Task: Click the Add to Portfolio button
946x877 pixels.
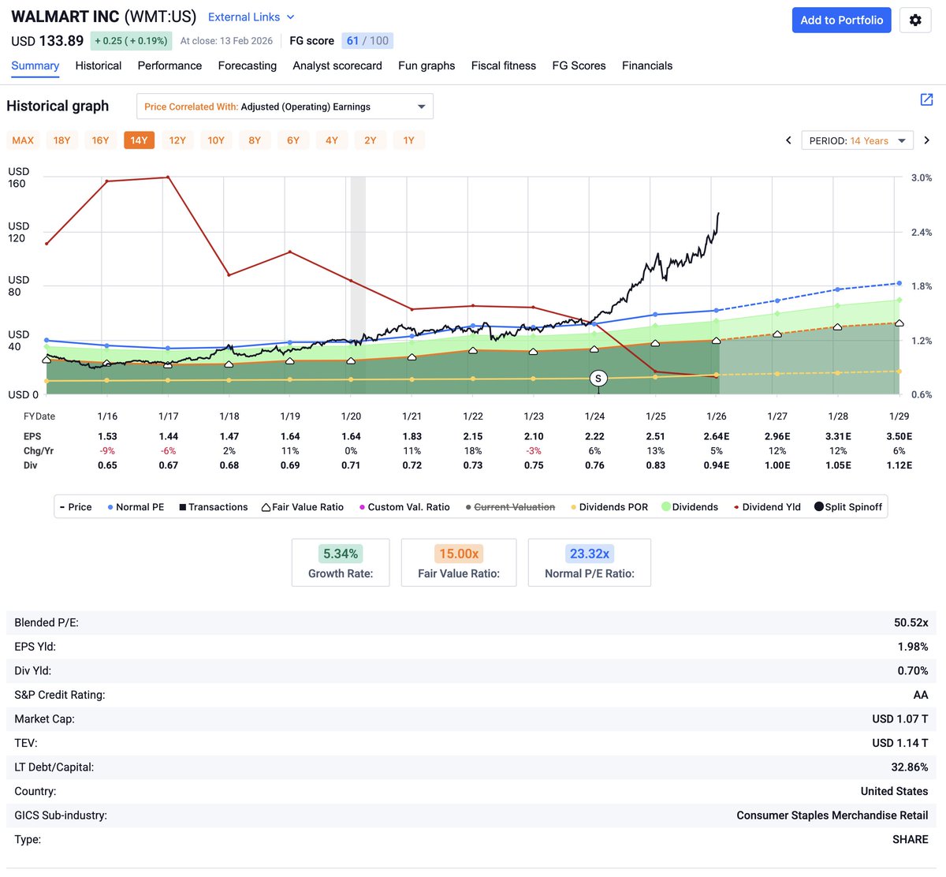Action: [841, 21]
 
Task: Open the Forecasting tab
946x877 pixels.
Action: [247, 65]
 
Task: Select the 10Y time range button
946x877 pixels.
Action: [216, 140]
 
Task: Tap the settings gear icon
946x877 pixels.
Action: [915, 21]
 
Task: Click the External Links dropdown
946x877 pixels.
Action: [251, 17]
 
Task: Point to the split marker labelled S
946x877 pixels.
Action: [598, 379]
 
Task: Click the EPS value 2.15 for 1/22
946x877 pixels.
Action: [473, 436]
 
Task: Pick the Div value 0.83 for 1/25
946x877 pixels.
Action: [655, 465]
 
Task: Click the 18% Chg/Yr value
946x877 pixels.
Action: [473, 451]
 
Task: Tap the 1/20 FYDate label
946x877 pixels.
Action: [351, 416]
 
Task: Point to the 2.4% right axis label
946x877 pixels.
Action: [921, 233]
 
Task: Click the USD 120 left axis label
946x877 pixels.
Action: [17, 232]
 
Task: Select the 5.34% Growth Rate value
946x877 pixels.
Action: [341, 554]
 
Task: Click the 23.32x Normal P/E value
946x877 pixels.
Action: [589, 554]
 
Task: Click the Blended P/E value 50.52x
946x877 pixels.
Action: [911, 623]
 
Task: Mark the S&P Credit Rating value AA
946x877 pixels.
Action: [920, 695]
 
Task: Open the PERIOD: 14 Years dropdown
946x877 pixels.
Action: [857, 140]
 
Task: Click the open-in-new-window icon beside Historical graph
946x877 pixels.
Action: [926, 99]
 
